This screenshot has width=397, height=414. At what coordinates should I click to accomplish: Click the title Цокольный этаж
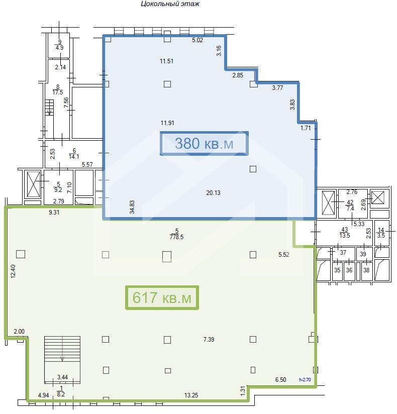point(170,4)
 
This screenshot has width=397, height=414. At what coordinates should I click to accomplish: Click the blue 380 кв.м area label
point(204,143)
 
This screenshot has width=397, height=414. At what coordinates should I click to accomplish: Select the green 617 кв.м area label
point(162,297)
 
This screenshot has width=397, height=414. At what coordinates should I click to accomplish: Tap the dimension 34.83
point(132,206)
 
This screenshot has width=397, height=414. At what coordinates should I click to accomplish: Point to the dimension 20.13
point(213,193)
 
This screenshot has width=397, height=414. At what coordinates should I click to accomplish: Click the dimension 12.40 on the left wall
point(13,271)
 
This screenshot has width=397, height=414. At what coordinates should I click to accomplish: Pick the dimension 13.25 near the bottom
point(191,395)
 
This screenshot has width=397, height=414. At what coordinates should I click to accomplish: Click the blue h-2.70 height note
point(305,380)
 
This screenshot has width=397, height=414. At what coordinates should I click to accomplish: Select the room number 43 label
point(345,230)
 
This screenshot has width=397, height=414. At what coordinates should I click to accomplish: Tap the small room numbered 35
point(337,270)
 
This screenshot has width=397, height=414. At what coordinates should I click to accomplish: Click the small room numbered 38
point(367,271)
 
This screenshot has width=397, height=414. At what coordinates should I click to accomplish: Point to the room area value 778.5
point(176,237)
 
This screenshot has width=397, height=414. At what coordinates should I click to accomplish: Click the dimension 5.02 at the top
point(197,40)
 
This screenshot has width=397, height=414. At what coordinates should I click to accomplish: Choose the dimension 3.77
point(277,87)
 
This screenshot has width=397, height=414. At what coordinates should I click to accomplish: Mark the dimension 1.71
point(306,128)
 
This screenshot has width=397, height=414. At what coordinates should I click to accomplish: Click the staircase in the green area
point(62,360)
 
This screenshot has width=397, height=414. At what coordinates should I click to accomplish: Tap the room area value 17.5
point(58,92)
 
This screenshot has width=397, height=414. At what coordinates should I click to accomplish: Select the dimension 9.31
point(54,213)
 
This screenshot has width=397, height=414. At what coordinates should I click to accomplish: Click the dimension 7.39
point(209,339)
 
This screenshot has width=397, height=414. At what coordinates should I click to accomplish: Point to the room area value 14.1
point(74,157)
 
